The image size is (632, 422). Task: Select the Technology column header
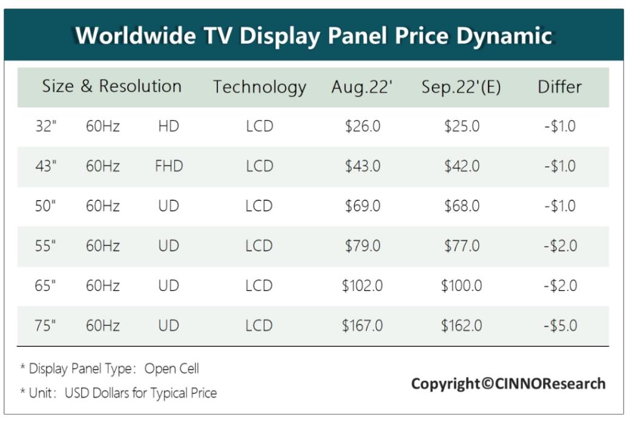pyautogui.click(x=259, y=87)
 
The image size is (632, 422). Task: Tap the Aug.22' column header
pyautogui.click(x=362, y=87)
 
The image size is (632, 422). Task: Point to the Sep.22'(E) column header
pyautogui.click(x=461, y=87)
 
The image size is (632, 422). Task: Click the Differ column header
pyautogui.click(x=559, y=87)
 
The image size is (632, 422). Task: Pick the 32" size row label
pyautogui.click(x=46, y=126)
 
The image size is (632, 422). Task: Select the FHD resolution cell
pyautogui.click(x=168, y=166)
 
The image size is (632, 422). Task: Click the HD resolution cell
pyautogui.click(x=168, y=126)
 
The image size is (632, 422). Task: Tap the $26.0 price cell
pyautogui.click(x=362, y=126)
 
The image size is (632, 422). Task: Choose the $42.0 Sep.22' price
pyautogui.click(x=461, y=166)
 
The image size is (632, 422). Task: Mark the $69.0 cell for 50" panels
pyautogui.click(x=362, y=206)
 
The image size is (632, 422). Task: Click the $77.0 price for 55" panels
pyautogui.click(x=461, y=246)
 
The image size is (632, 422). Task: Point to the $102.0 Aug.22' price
pyautogui.click(x=362, y=286)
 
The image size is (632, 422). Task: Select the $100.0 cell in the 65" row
pyautogui.click(x=461, y=286)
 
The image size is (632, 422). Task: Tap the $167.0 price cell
pyautogui.click(x=362, y=326)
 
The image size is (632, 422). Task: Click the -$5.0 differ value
pyautogui.click(x=559, y=326)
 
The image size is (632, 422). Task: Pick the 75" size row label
pyautogui.click(x=46, y=326)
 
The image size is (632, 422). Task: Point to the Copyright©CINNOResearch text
pyautogui.click(x=508, y=383)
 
